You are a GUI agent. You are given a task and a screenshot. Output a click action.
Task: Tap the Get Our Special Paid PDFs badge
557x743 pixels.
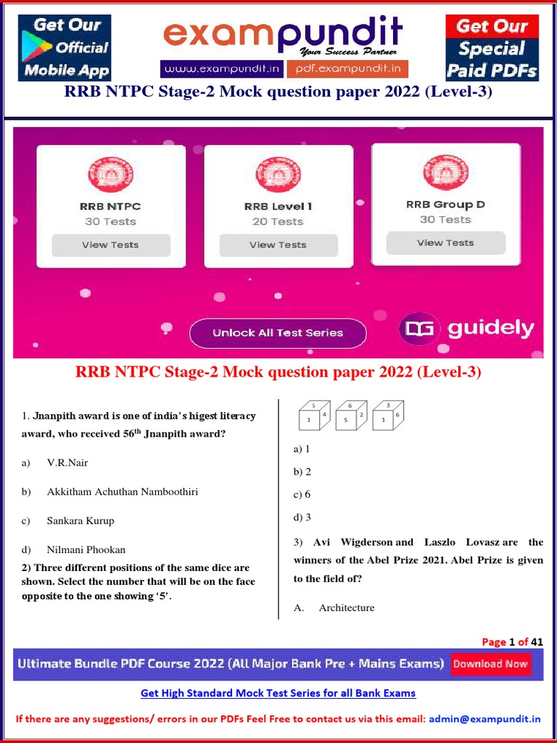492,48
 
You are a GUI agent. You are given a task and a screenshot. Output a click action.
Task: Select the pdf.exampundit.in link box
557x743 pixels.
347,69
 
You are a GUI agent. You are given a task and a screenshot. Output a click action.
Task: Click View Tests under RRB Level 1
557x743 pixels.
278,245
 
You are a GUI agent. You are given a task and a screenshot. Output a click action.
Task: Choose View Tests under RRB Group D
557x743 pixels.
445,243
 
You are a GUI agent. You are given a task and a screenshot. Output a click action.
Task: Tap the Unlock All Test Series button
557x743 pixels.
278,333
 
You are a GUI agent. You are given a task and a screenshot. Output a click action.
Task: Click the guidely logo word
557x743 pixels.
490,329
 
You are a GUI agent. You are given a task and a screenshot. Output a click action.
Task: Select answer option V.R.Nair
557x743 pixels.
67,462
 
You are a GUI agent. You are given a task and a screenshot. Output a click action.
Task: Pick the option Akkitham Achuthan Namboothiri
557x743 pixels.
122,491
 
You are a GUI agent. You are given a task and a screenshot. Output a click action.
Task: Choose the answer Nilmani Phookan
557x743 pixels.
86,549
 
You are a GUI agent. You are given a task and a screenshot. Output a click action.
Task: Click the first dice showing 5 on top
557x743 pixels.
314,416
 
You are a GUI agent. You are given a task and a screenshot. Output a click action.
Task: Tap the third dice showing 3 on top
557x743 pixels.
388,416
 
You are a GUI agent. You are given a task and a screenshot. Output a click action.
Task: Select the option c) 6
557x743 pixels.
302,494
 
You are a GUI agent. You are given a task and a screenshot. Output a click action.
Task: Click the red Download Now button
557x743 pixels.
490,664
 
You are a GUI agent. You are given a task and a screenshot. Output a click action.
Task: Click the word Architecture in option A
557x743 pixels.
347,607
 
